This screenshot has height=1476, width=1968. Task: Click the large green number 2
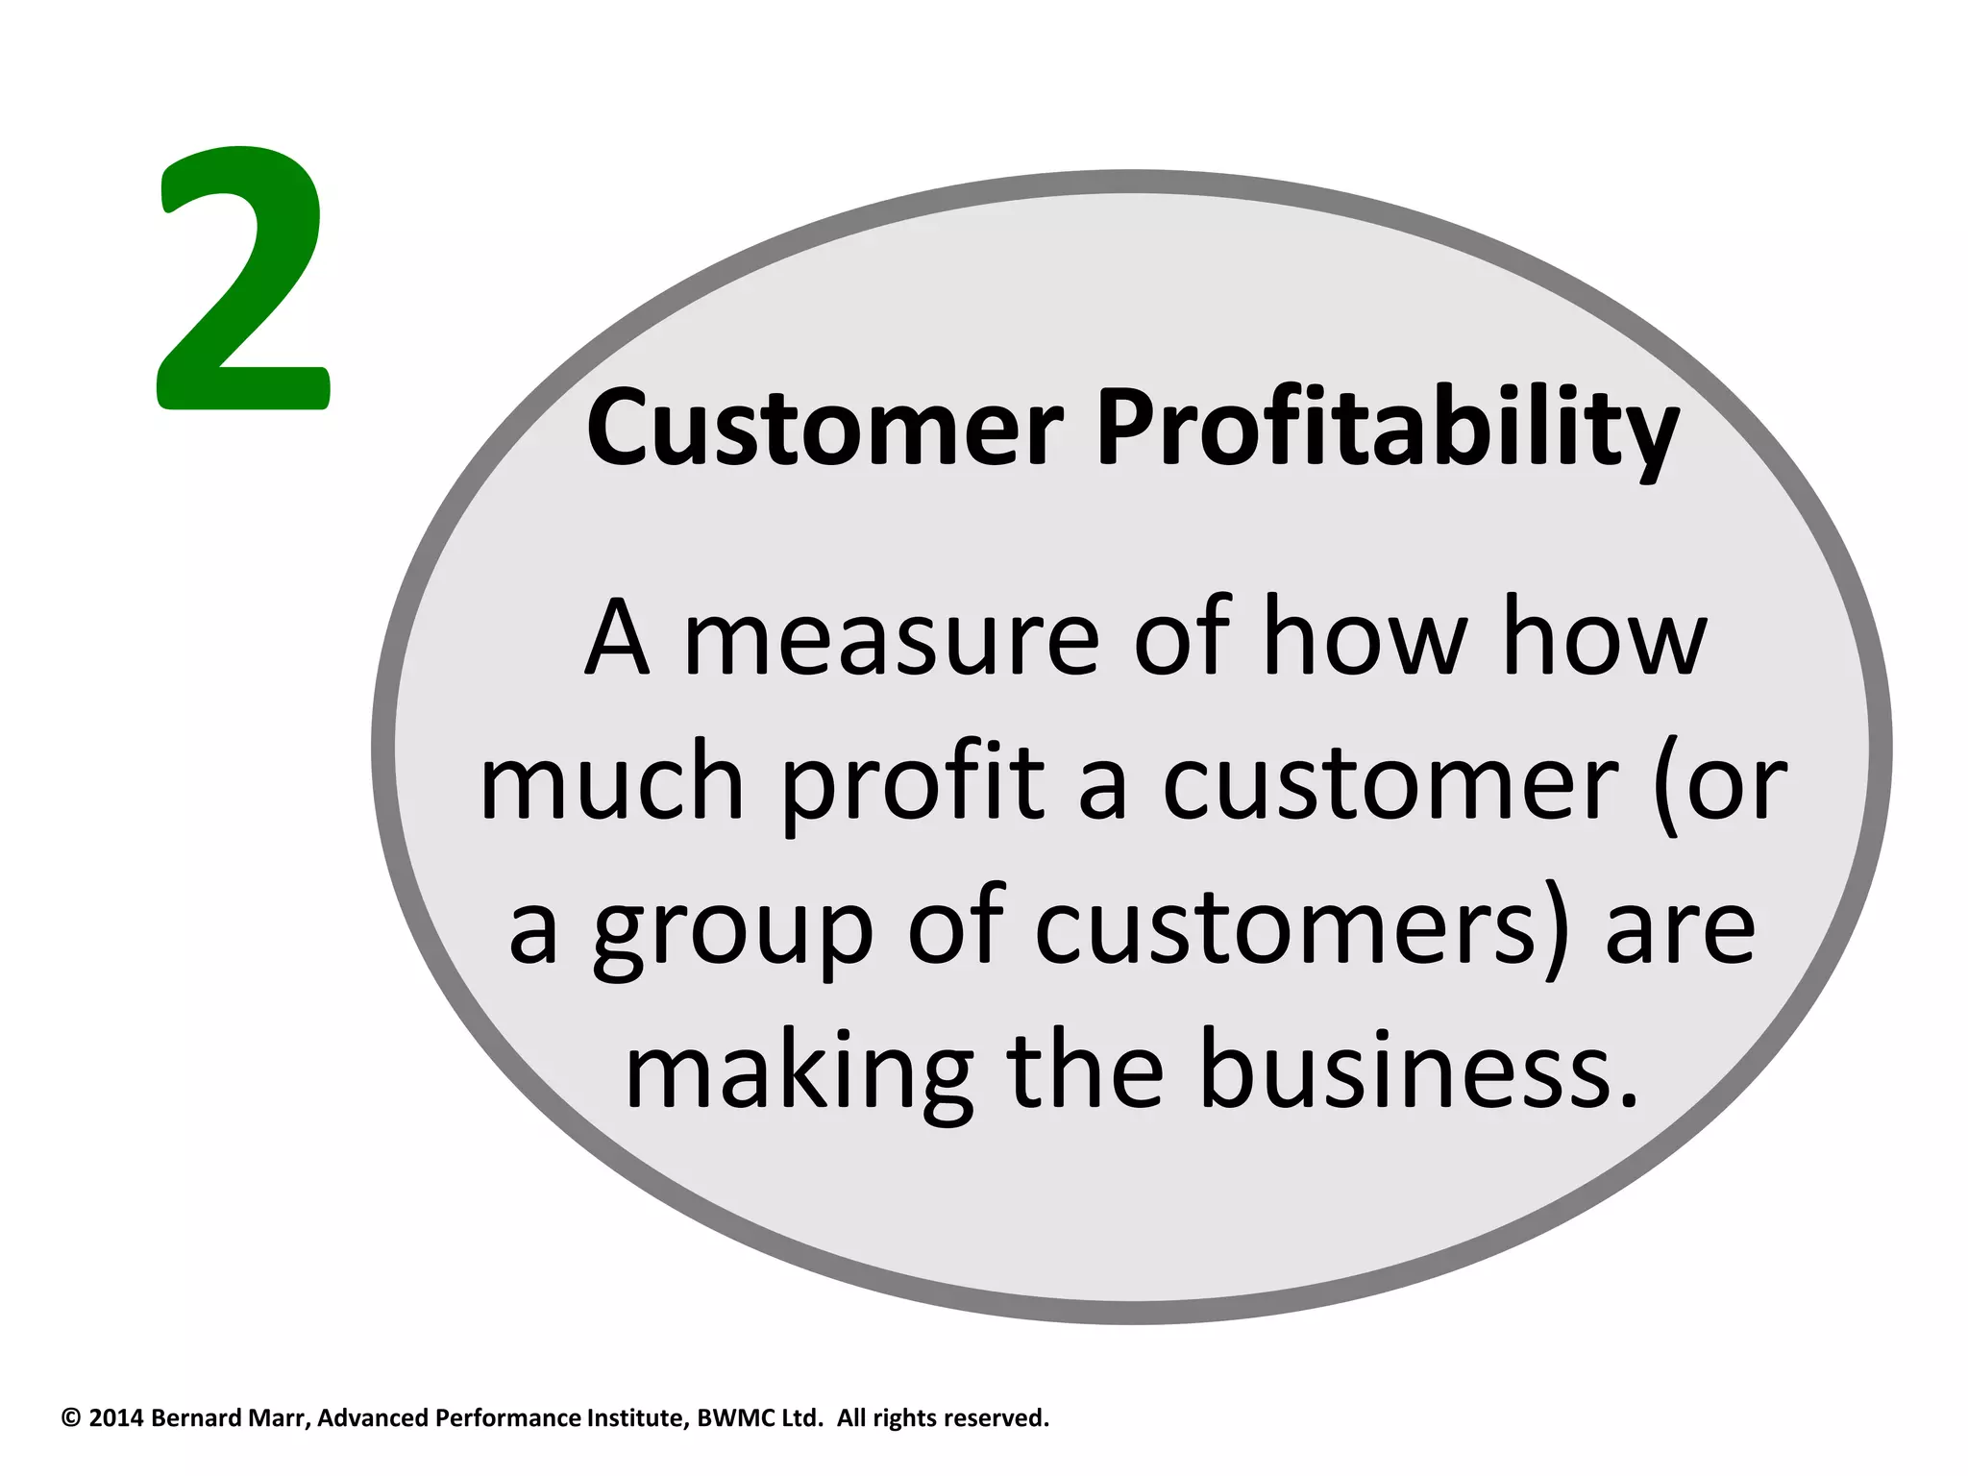click(x=243, y=279)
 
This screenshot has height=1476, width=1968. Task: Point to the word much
click(x=612, y=783)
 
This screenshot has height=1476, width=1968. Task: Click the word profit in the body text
click(x=913, y=783)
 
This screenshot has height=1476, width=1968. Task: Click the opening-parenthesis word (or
click(x=1720, y=783)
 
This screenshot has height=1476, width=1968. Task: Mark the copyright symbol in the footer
click(x=70, y=1418)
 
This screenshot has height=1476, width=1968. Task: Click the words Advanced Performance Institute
click(x=503, y=1418)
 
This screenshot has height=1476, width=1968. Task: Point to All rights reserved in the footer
click(x=943, y=1418)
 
